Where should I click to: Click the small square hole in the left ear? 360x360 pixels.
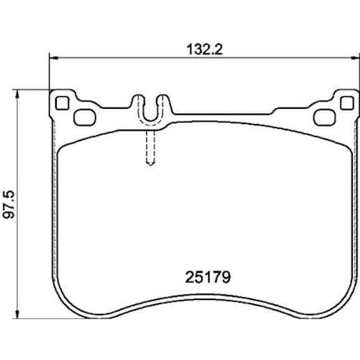61,102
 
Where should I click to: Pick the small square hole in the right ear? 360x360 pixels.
346,102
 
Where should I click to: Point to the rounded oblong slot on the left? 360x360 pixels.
84,117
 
